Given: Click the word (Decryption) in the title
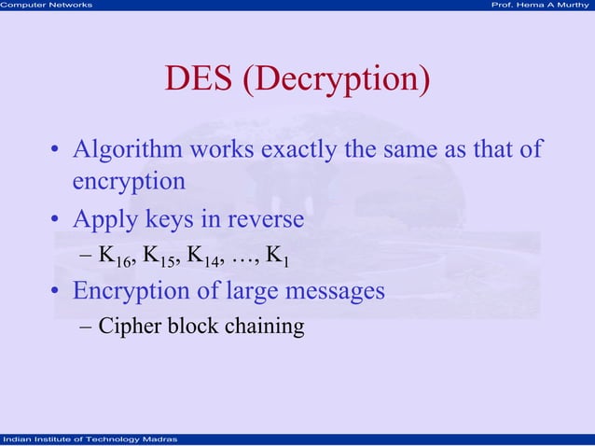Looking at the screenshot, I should click(338, 81).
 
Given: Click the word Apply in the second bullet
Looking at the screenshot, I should click(104, 220).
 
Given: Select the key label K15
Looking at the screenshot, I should click(164, 256).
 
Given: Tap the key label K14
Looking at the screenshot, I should click(214, 256).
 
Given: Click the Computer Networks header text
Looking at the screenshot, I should click(47, 6).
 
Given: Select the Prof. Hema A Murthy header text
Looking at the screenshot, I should click(543, 6).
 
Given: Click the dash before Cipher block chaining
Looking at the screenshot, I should click(86, 328).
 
